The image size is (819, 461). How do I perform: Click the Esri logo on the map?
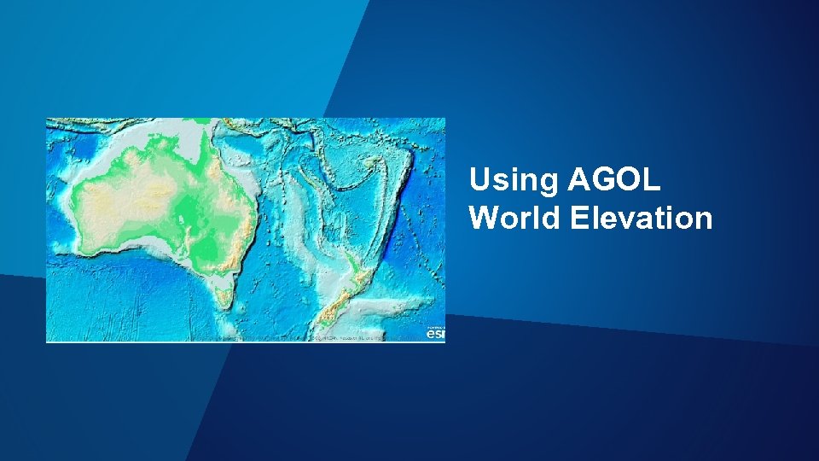tap(435, 333)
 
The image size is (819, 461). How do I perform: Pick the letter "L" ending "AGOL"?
tap(652, 181)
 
